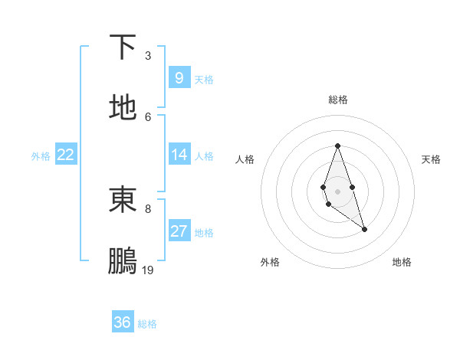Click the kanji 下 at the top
pos(123,47)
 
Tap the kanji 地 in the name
pos(123,108)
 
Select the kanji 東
pos(123,200)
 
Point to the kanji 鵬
pos(123,261)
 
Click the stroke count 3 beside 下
pos(148,56)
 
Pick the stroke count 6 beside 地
pos(148,116)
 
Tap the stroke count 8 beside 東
pos(148,208)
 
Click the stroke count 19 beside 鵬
pos(148,270)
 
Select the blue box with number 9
pos(179,77)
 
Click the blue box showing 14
pos(179,155)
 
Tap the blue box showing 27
pos(179,231)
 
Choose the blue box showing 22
pos(65,155)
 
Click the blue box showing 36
pos(123,322)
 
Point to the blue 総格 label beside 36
pos(147,324)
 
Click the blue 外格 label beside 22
pos(41,156)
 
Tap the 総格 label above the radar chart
pos(338,100)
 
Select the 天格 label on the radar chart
pos(431,159)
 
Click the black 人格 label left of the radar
pos(245,159)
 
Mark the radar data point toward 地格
pos(364,229)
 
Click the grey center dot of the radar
pos(338,190)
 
